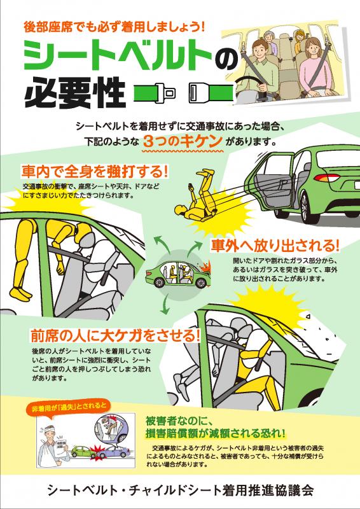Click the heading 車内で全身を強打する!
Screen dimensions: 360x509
click(x=95, y=172)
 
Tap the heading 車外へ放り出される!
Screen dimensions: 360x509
click(x=275, y=245)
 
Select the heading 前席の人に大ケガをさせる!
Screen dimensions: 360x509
click(x=115, y=336)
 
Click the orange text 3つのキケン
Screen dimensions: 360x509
click(x=183, y=141)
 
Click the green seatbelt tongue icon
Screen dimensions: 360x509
click(x=155, y=93)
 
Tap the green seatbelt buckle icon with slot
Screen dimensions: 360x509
click(x=211, y=93)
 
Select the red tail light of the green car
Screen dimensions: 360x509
click(x=326, y=178)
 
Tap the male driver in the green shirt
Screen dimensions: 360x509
click(x=260, y=67)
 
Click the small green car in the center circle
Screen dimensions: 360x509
click(x=178, y=275)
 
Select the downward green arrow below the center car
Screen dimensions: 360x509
click(x=165, y=305)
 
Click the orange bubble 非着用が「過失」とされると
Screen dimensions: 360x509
click(x=69, y=408)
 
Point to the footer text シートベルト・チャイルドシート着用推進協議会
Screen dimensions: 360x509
click(x=180, y=490)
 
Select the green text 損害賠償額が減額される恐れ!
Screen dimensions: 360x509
click(x=216, y=433)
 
